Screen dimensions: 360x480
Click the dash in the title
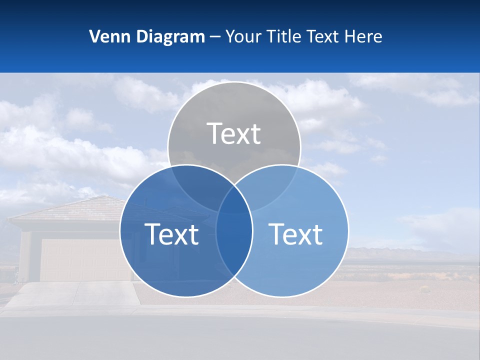(x=215, y=37)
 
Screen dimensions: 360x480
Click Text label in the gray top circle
(x=234, y=133)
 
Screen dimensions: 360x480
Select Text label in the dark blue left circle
(x=171, y=234)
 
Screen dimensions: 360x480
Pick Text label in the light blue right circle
(x=296, y=234)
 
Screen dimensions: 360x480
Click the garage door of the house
(x=80, y=260)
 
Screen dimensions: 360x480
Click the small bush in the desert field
(x=424, y=288)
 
